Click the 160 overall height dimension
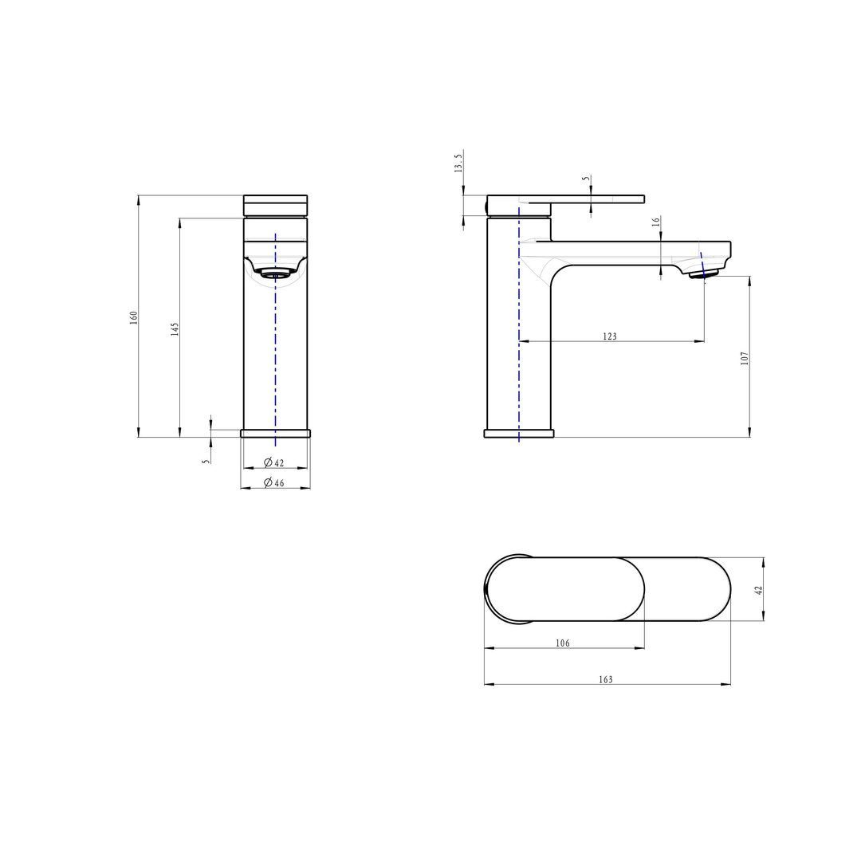(135, 316)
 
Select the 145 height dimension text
(175, 328)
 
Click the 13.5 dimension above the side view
(458, 164)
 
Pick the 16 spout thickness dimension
(656, 222)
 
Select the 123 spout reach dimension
(610, 336)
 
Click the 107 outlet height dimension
(745, 358)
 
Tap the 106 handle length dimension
(563, 643)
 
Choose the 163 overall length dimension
(606, 679)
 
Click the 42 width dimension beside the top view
(759, 590)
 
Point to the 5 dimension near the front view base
(206, 460)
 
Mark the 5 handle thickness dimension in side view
(586, 179)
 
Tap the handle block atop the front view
(275, 206)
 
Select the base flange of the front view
(275, 433)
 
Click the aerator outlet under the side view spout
(704, 275)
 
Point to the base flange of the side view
(518, 433)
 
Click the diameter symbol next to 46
(269, 482)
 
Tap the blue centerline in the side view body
(519, 359)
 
